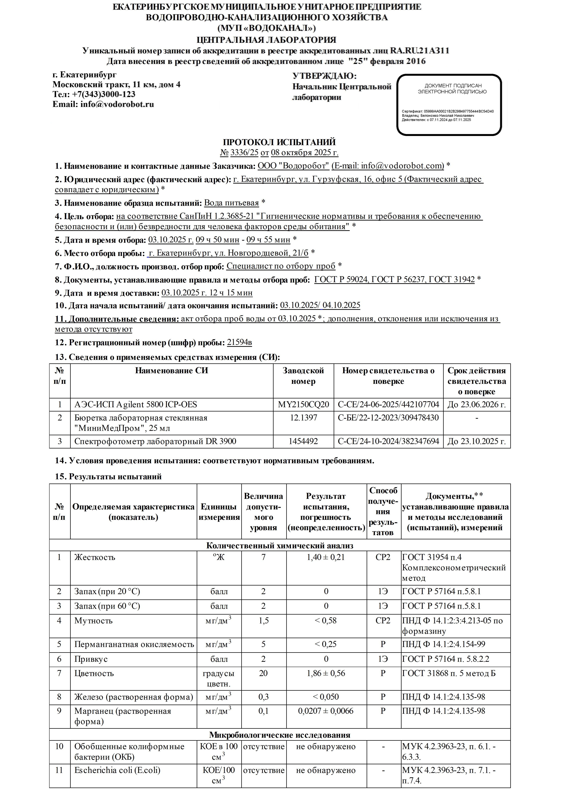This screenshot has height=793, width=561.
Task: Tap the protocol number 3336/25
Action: [x=244, y=152]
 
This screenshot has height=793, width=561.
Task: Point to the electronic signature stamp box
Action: [x=449, y=105]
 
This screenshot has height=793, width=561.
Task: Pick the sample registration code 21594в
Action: [x=239, y=342]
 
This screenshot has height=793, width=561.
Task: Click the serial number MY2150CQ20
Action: [x=303, y=404]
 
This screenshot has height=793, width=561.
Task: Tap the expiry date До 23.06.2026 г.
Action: [x=476, y=404]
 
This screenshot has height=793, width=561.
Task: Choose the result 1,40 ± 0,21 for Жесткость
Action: [x=326, y=557]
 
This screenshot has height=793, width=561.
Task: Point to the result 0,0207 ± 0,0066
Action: [x=326, y=711]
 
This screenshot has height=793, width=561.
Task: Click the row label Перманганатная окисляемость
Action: [x=134, y=644]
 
